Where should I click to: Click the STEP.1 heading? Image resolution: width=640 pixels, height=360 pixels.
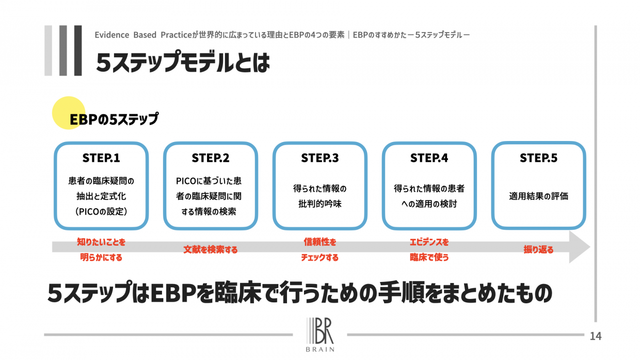(101, 158)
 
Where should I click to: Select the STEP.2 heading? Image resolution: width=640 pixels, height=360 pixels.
(210, 158)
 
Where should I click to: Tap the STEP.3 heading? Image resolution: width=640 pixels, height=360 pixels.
(320, 158)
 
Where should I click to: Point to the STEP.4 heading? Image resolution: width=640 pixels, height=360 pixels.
(429, 158)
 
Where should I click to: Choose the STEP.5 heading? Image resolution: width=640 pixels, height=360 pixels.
(539, 158)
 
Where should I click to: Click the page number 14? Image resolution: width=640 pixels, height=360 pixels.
(595, 336)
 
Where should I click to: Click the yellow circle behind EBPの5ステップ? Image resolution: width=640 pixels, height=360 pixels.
(68, 113)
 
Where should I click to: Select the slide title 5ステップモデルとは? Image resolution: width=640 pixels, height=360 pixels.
(182, 63)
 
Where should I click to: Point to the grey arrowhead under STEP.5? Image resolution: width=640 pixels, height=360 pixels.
(580, 247)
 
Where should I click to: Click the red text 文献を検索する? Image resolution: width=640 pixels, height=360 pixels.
(210, 250)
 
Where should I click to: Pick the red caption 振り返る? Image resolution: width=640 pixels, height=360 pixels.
(538, 250)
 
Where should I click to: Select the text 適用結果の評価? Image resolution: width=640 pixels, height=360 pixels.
(538, 197)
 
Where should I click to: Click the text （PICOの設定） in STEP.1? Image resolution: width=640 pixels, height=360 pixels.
(101, 212)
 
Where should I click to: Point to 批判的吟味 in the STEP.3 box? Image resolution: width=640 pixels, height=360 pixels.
(320, 204)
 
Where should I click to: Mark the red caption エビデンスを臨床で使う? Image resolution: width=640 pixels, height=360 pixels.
(429, 250)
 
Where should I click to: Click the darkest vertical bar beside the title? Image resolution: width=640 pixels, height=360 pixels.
(78, 50)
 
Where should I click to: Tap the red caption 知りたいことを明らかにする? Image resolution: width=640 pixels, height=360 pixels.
(101, 250)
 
